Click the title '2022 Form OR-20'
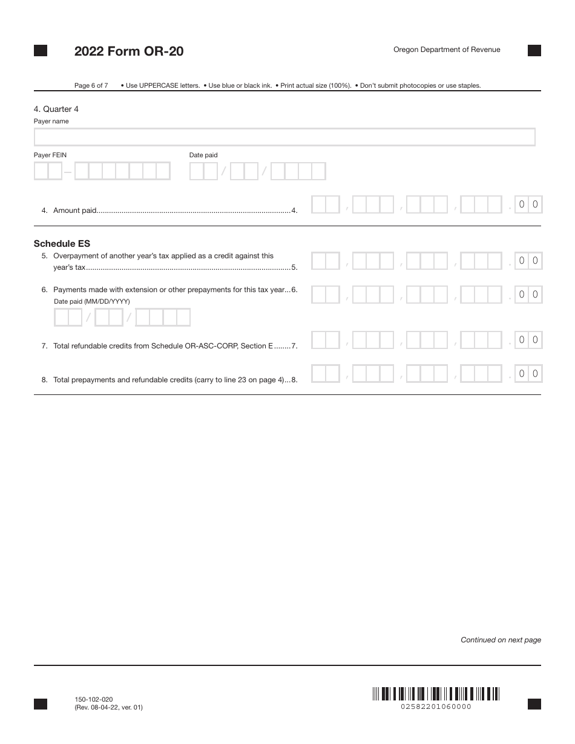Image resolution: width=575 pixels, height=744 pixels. pos(129,51)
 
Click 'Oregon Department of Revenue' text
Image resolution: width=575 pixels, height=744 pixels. pos(447,50)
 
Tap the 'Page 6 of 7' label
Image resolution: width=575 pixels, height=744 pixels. pos(91,85)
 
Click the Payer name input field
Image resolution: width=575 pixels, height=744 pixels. pos(284,137)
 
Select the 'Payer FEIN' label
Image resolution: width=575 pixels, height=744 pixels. pos(50,155)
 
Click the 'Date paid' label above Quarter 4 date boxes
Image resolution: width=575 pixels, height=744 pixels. pos(203,155)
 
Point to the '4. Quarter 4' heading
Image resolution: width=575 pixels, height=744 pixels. pos(56,109)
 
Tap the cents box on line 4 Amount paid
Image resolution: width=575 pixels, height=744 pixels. pos(528,204)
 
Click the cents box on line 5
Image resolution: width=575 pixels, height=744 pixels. pos(528,261)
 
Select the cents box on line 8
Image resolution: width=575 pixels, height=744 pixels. pos(528,374)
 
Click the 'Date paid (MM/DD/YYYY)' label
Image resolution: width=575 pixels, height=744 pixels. pos(92,301)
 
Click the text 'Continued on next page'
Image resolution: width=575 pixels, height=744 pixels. pos(501,640)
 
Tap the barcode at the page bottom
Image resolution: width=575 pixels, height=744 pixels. pos(436,693)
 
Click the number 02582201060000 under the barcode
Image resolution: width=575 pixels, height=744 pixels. pos(436,706)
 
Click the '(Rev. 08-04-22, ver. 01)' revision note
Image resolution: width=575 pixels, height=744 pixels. pos(109,706)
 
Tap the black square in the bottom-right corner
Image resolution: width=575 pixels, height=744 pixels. pos(534,703)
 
